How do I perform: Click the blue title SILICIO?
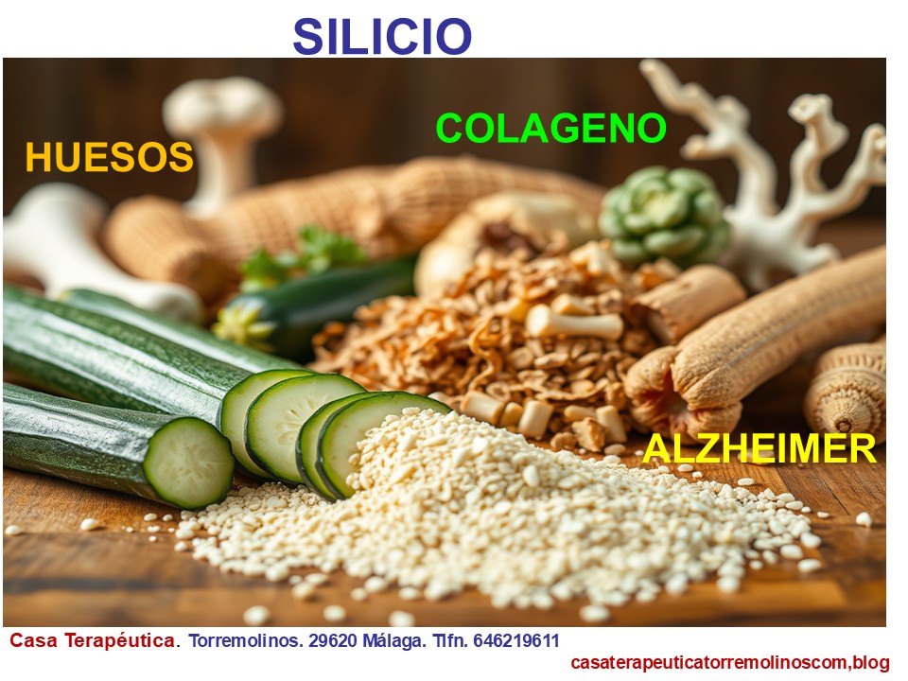381,36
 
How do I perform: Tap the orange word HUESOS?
109,157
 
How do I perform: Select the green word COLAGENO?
550,128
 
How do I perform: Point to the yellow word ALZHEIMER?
760,448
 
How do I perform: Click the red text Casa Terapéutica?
92,640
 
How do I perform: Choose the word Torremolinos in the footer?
246,640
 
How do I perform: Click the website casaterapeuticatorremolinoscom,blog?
730,662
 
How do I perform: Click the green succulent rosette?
660,215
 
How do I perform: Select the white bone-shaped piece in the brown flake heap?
575,324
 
